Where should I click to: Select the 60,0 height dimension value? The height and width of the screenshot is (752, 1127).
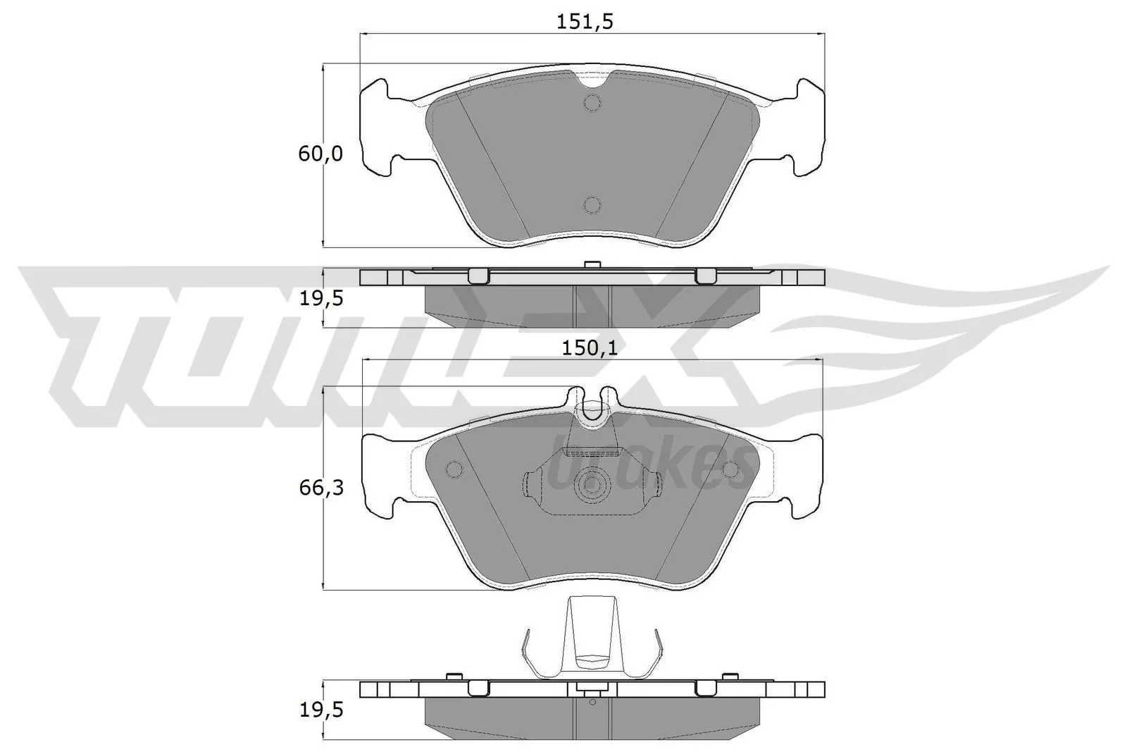(320, 154)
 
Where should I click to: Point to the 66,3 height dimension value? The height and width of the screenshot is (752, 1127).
(321, 487)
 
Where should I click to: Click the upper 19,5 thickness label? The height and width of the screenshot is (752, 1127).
(321, 299)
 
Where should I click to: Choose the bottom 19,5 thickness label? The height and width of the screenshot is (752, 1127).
(321, 711)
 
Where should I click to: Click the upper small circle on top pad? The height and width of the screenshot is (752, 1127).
(592, 104)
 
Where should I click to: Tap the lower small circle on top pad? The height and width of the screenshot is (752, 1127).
(592, 205)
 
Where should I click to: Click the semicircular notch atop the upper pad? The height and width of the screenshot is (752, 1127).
(592, 80)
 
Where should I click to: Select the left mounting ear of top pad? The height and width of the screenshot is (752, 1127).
(378, 127)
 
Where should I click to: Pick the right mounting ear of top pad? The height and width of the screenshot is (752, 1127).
(807, 127)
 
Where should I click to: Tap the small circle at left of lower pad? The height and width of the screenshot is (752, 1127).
(454, 469)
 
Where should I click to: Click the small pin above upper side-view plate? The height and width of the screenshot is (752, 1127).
(592, 265)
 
